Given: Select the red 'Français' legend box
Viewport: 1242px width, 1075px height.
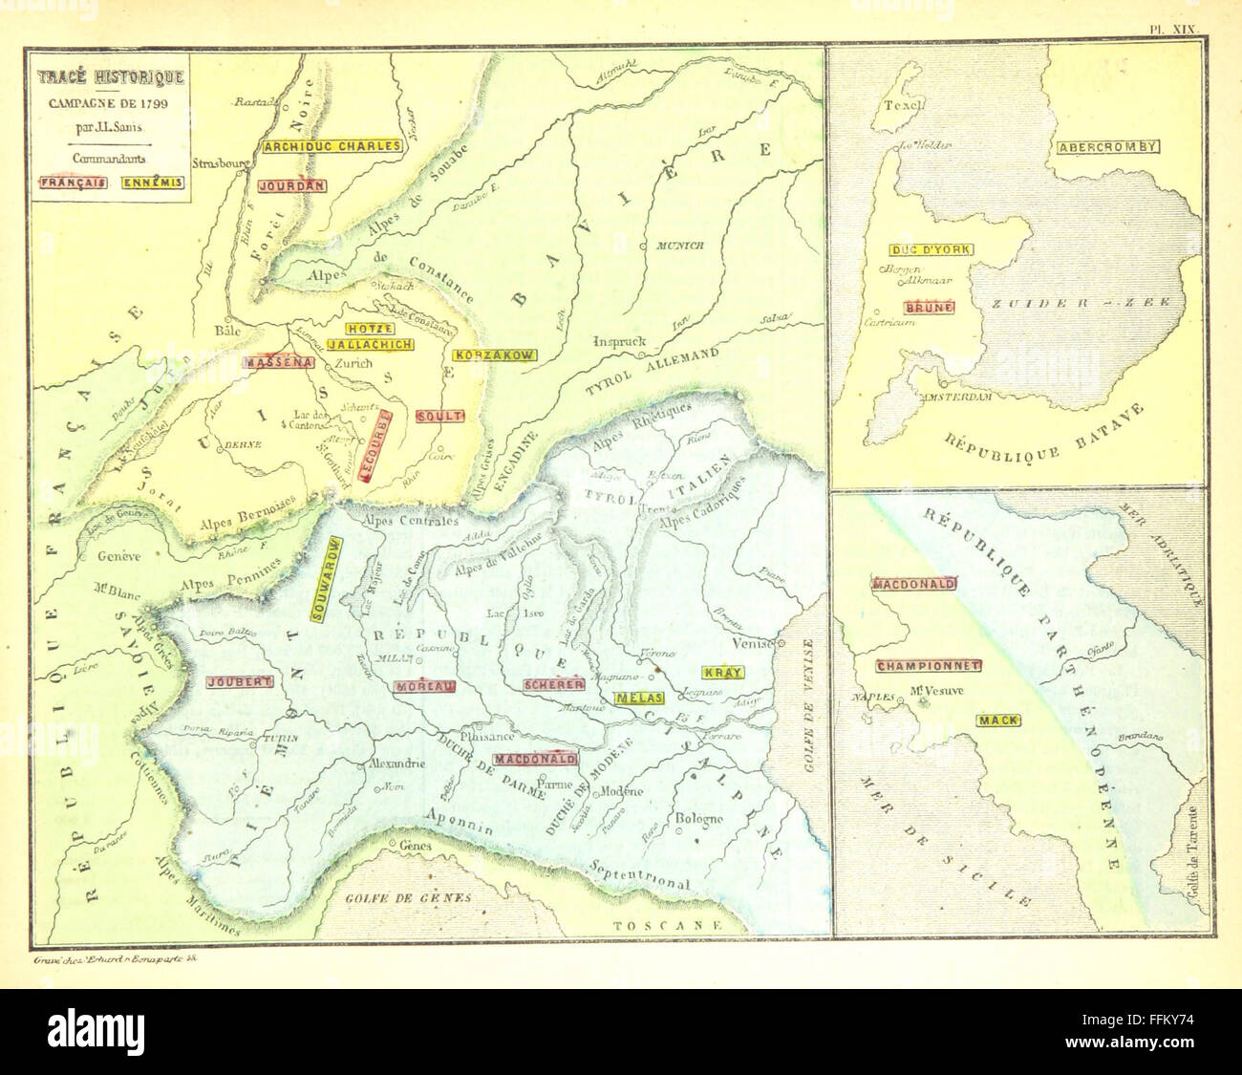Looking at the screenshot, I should point(74,183).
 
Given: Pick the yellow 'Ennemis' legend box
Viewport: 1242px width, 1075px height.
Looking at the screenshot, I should point(153,183).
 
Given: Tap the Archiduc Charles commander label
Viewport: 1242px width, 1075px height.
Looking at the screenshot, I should point(332,146).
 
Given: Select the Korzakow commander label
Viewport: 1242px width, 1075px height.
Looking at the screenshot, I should point(494,355).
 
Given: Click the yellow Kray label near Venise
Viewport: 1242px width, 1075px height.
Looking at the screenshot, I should point(721,673).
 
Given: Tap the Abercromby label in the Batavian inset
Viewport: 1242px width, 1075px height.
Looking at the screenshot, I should point(1108,147).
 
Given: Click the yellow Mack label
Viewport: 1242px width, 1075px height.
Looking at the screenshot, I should point(997,720).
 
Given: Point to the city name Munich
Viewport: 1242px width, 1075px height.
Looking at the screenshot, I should point(680,246).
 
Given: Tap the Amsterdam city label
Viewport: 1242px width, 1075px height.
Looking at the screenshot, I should point(955,396).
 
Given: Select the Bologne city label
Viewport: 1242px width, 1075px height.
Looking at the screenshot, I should point(701,819).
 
